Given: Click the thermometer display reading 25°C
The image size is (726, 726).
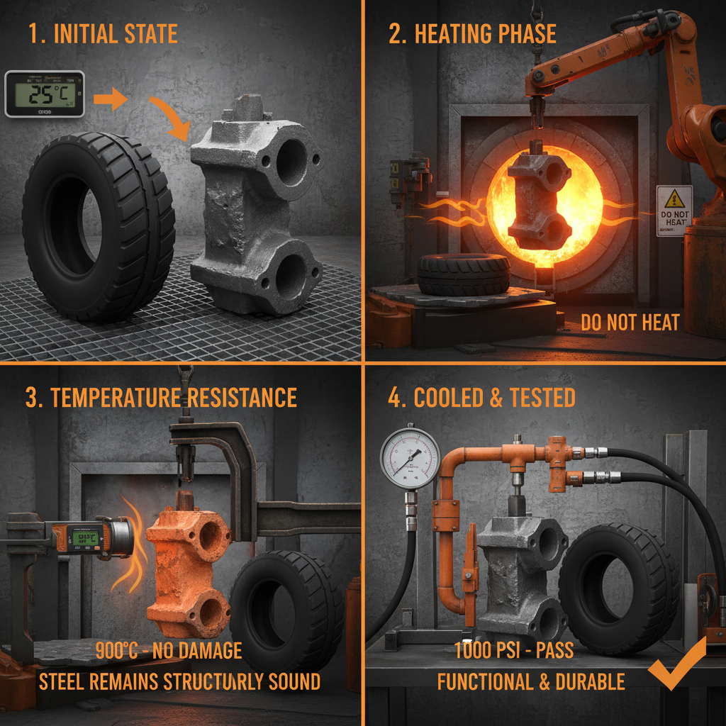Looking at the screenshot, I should click(44, 93).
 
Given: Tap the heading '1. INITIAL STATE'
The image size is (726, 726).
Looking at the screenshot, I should click(104, 33).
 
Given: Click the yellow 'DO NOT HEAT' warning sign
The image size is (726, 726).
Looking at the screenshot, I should click(674, 211).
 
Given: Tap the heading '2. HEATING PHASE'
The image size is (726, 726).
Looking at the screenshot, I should click(472, 33).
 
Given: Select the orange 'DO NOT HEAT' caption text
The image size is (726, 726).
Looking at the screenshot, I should click(630, 323).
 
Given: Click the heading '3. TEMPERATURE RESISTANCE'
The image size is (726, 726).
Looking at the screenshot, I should click(161, 397).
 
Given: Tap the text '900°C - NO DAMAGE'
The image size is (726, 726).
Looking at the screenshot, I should click(169, 650).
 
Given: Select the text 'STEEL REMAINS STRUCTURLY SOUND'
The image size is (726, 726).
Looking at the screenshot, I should click(179, 681).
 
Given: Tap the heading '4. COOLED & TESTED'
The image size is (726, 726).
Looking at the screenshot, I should click(481, 397).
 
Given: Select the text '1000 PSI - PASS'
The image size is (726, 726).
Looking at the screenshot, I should click(515, 650).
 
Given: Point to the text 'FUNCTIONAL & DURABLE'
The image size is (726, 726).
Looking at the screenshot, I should click(531, 681).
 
